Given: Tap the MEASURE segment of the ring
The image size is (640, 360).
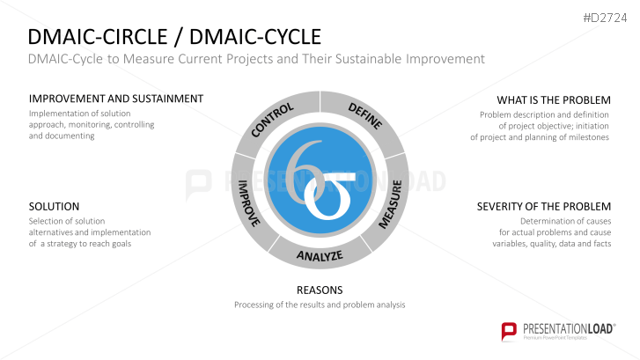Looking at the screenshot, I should coord(390,205).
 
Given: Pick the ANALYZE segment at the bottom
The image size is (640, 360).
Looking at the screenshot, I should coord(319,255).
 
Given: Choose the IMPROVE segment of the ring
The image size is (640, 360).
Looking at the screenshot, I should coord(249,203).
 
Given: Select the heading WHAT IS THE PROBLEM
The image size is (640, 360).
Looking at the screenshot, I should coord(553,99).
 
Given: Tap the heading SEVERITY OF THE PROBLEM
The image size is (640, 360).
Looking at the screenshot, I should coord(544,206).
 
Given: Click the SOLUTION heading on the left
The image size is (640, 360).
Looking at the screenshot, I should coord(54,206).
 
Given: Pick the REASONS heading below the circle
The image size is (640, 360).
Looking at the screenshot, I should coord(320,290).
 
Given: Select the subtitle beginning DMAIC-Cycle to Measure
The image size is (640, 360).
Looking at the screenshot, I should coord(256,59).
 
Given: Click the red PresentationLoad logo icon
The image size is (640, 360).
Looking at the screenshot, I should coord(509,331).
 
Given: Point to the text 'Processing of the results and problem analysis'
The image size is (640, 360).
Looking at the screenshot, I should coord(320,305).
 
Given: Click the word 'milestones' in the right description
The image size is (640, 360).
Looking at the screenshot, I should coord(589,137).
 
